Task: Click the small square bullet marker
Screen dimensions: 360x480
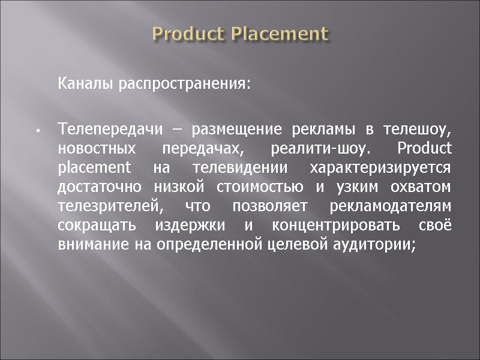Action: [37, 130]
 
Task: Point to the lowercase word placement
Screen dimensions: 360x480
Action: [94, 167]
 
